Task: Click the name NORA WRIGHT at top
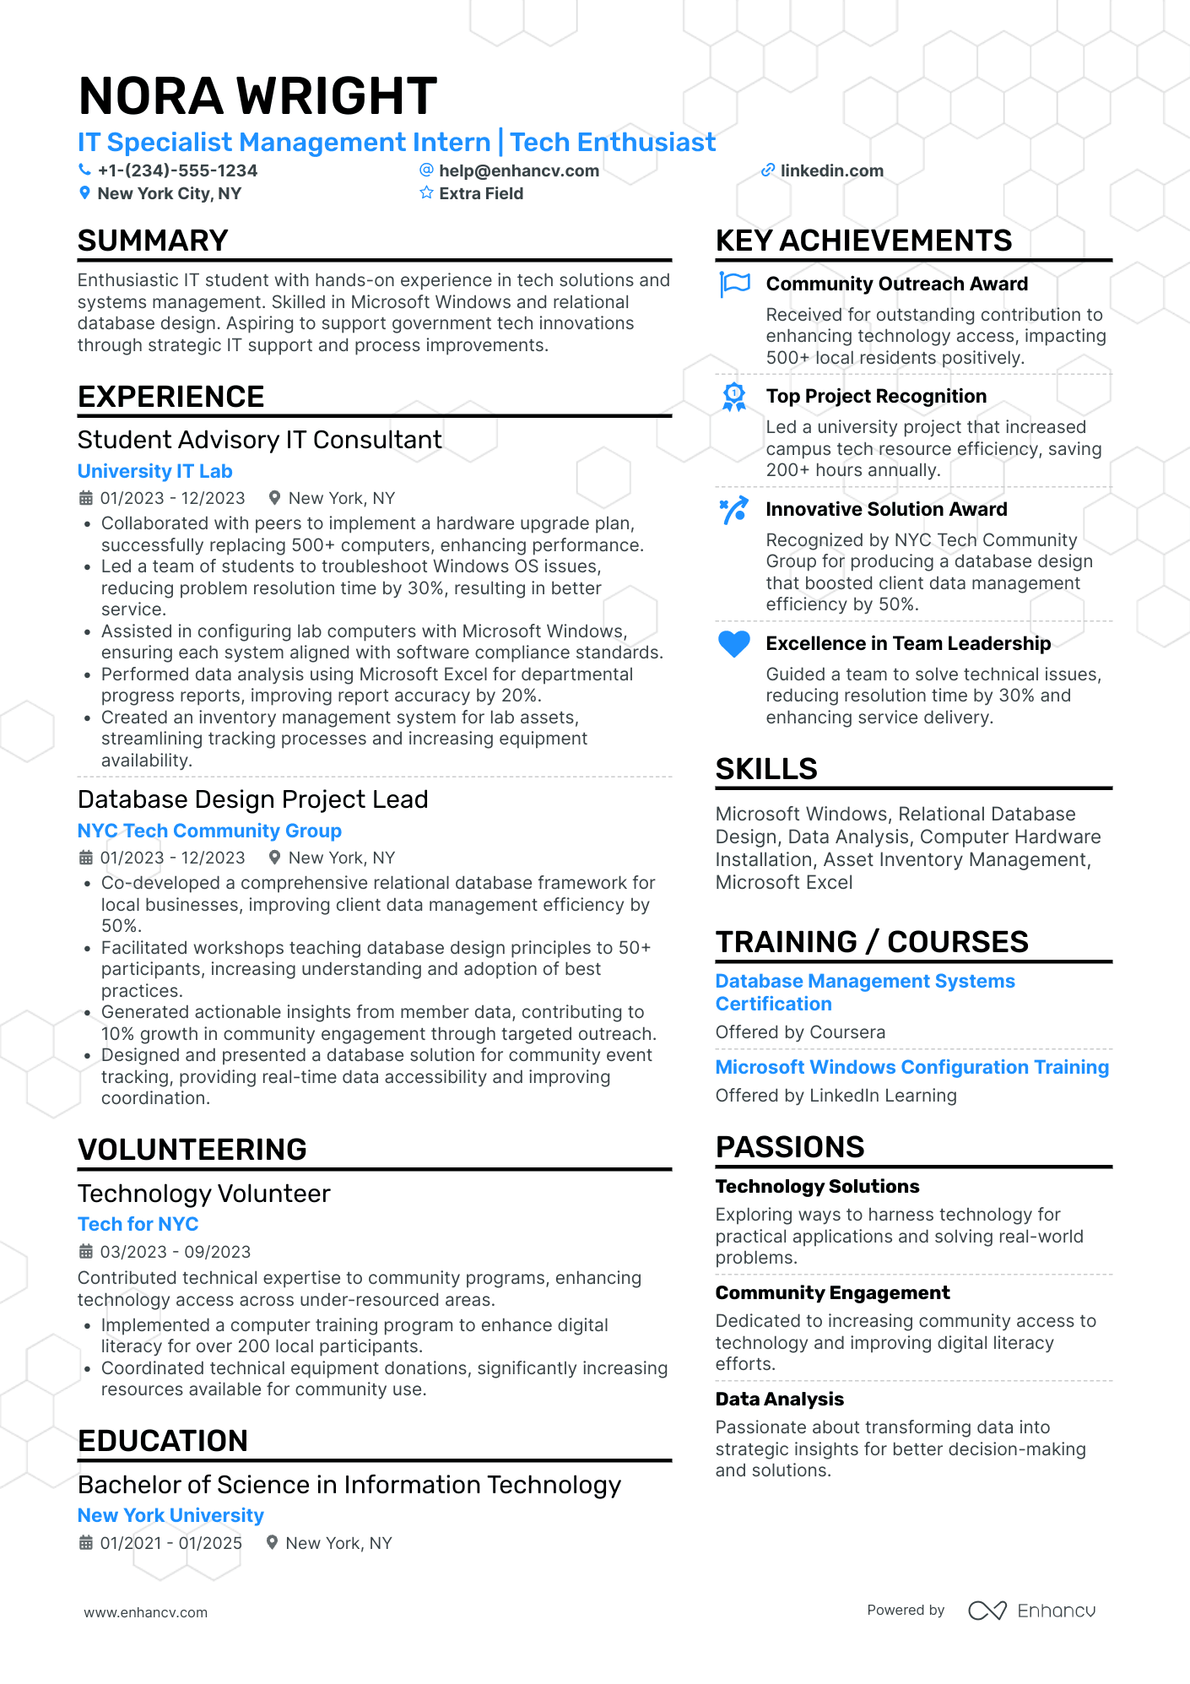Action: click(257, 95)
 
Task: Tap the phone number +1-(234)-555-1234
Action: click(177, 171)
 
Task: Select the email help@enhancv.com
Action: click(518, 171)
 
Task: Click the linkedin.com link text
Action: click(831, 171)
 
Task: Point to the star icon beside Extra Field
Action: click(426, 193)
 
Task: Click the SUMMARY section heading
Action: click(153, 241)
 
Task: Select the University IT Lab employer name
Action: click(154, 471)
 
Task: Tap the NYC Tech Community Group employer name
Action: click(209, 831)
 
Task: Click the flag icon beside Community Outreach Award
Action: click(734, 284)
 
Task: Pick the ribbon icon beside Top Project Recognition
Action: click(734, 397)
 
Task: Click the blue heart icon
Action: click(733, 644)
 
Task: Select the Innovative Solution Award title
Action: click(886, 509)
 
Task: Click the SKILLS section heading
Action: click(765, 769)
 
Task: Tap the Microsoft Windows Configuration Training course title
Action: click(911, 1067)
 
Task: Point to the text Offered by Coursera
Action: click(800, 1032)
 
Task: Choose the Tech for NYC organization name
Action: click(138, 1224)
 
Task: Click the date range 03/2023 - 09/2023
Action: click(175, 1252)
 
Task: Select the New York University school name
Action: click(170, 1515)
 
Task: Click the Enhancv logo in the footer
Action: click(1031, 1611)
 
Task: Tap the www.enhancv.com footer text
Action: click(145, 1612)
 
